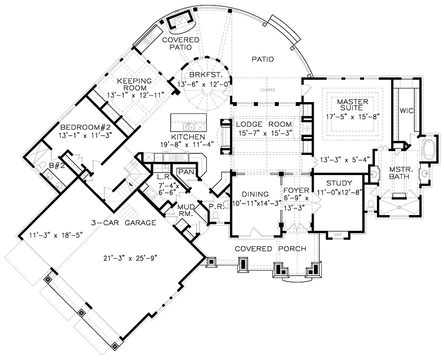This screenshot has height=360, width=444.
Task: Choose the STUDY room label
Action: (x=339, y=183)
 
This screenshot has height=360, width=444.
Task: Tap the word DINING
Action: (x=256, y=194)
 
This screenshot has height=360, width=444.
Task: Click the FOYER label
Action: (x=296, y=190)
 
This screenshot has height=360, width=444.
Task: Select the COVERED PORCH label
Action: (x=270, y=248)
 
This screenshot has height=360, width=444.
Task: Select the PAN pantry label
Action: (x=185, y=172)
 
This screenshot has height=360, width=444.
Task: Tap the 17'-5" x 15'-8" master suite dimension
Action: (x=353, y=117)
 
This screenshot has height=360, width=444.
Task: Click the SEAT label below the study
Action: (x=338, y=234)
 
